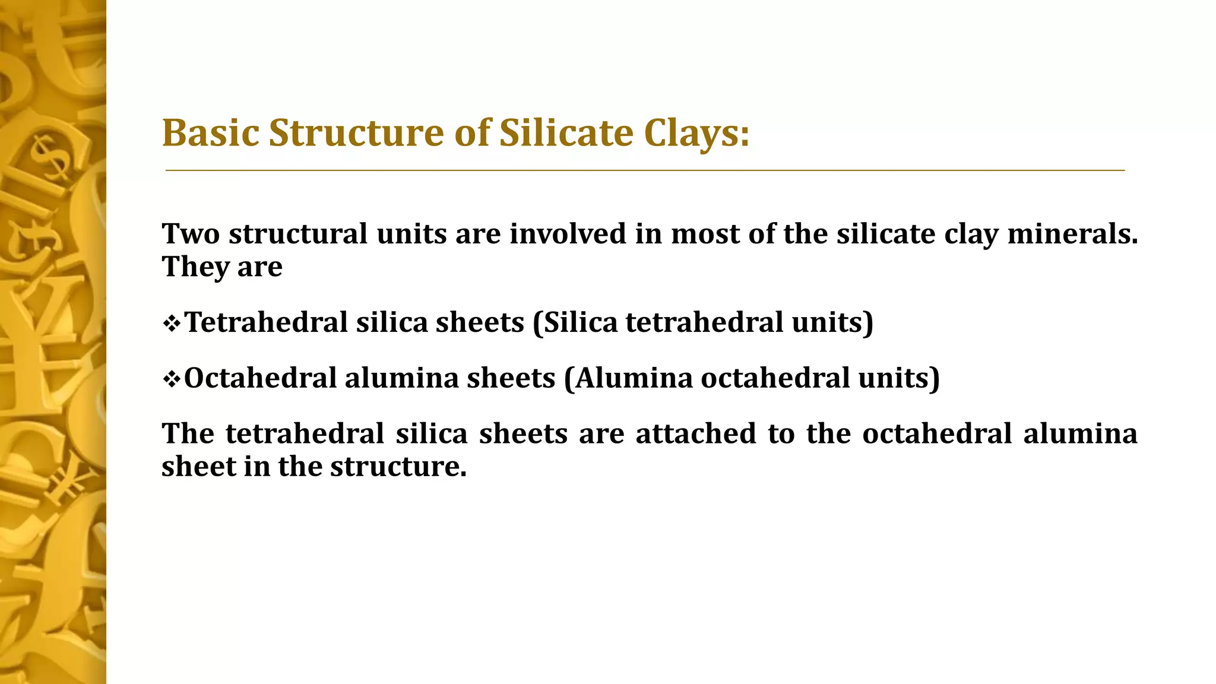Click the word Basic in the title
pyautogui.click(x=211, y=132)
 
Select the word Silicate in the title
pyautogui.click(x=566, y=132)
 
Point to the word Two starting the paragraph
pyautogui.click(x=191, y=233)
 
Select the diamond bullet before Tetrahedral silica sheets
pyautogui.click(x=171, y=324)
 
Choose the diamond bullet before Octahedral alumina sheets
pyautogui.click(x=171, y=379)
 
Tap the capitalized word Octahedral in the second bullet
pyautogui.click(x=260, y=378)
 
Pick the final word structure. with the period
pyautogui.click(x=398, y=467)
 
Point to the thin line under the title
pyautogui.click(x=645, y=170)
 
